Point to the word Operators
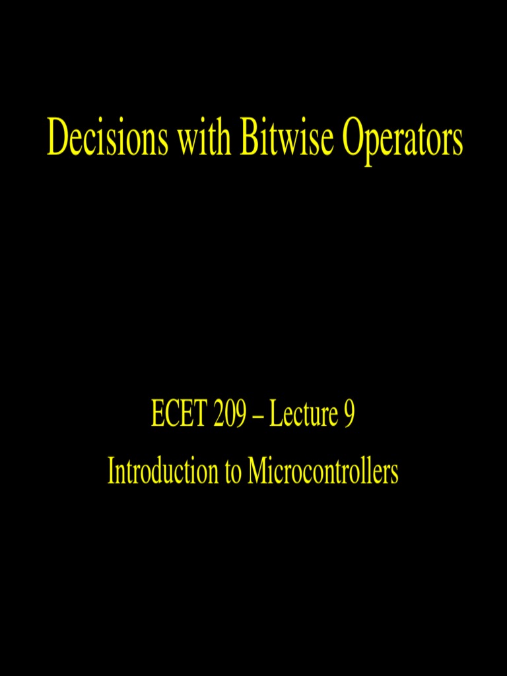(x=402, y=140)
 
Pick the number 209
(x=230, y=415)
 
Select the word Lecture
(x=301, y=415)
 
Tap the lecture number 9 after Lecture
(x=349, y=415)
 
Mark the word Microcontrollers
(x=323, y=471)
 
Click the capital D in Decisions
(x=56, y=139)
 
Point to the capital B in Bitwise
(x=250, y=139)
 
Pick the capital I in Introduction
(x=111, y=471)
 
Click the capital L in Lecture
(x=274, y=415)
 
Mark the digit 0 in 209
(x=230, y=415)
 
